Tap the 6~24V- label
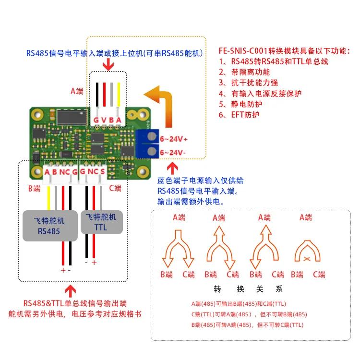[x=173, y=152]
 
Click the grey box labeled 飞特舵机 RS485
[x=50, y=225]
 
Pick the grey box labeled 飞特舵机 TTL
[x=100, y=221]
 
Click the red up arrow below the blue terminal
[x=173, y=168]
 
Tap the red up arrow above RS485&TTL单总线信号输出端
[x=71, y=291]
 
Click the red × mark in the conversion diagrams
[x=306, y=259]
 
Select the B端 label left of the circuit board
[x=34, y=189]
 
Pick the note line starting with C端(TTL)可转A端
[x=249, y=314]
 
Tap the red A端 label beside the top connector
[x=76, y=91]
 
